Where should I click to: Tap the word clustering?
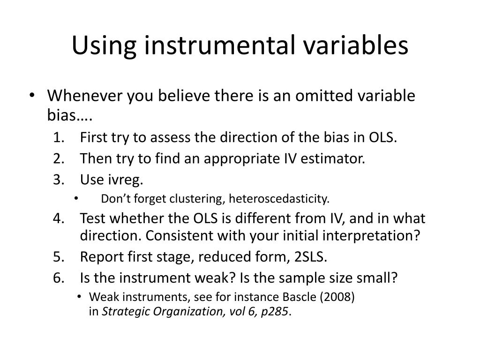pos(199,199)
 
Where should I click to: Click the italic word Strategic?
pos(122,311)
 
